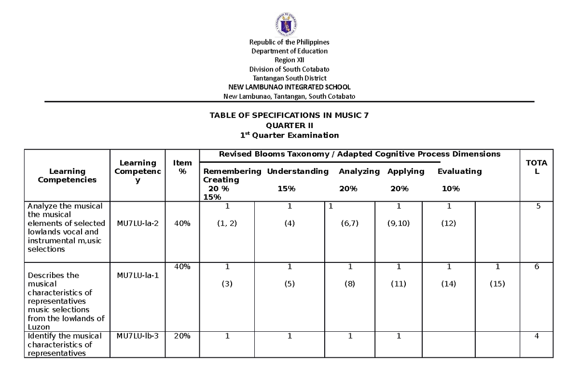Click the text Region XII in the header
coord(289,60)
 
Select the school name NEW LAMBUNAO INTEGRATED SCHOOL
coord(289,87)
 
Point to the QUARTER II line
coord(289,125)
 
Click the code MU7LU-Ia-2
coord(138,223)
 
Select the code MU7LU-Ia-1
coord(138,275)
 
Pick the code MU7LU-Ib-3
coord(138,336)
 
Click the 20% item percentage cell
coord(182,336)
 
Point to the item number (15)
coord(497,284)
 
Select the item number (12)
coord(448,223)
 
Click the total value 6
coord(536,267)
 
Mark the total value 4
coord(536,336)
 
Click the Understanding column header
coord(298,171)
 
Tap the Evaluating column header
coord(459,171)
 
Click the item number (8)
coord(350,284)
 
